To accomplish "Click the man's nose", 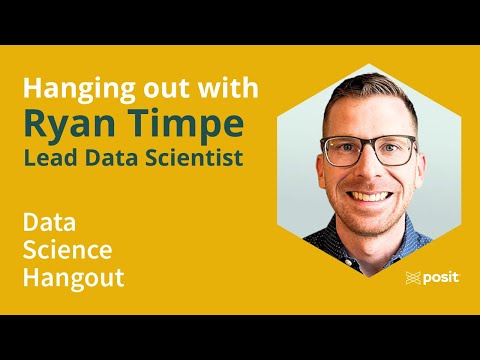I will [371, 170].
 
